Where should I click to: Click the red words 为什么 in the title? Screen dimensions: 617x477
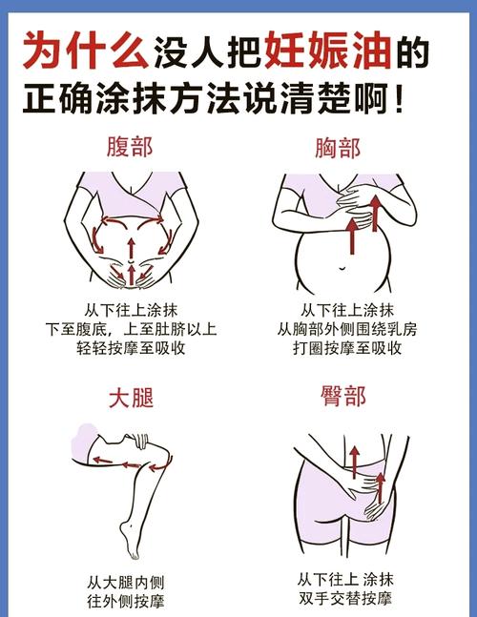[x=86, y=50]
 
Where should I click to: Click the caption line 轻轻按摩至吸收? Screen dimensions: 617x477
[x=131, y=349]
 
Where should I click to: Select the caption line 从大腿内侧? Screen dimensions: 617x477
[x=129, y=581]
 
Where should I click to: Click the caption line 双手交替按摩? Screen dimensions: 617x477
[x=344, y=600]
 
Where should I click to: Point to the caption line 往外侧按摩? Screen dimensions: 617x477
[x=129, y=601]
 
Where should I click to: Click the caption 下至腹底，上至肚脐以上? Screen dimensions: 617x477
[x=131, y=329]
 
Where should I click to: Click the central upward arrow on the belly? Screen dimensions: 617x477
[x=131, y=250]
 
